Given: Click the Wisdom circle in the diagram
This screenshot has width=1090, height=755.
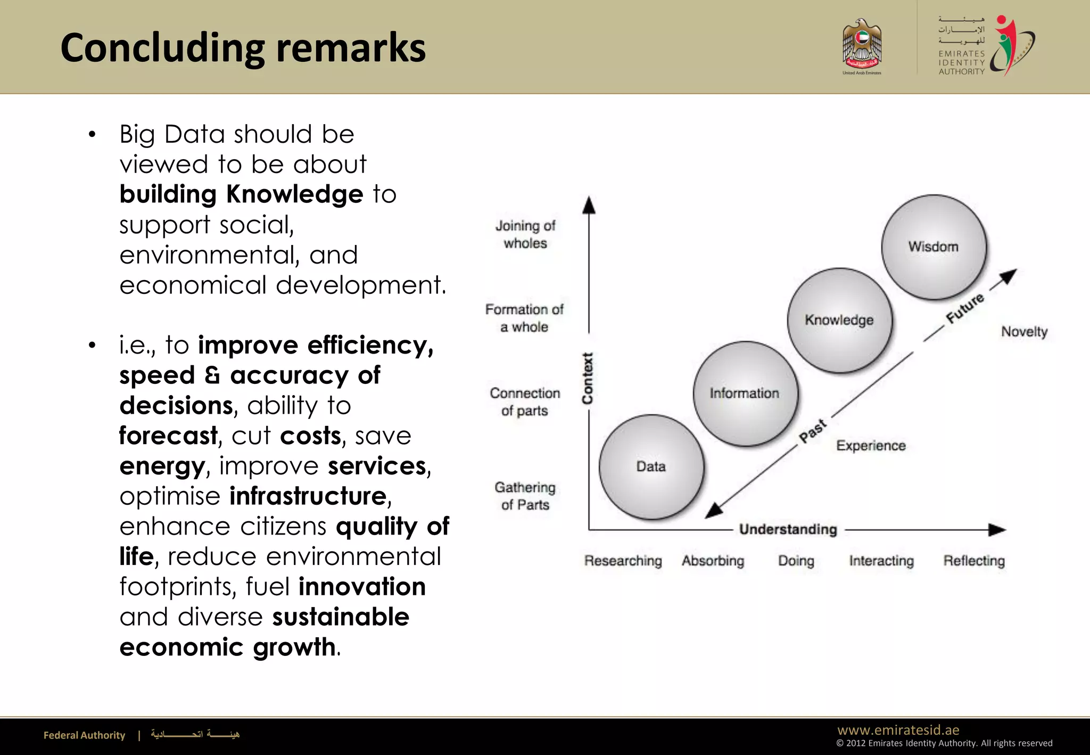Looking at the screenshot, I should pyautogui.click(x=934, y=247).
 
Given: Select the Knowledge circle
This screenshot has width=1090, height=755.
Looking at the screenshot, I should pyautogui.click(x=839, y=320).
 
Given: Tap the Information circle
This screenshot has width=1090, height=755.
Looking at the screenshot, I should pyautogui.click(x=745, y=393).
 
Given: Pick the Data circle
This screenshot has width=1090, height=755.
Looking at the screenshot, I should pyautogui.click(x=651, y=467).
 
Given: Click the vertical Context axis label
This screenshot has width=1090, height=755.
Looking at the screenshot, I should pyautogui.click(x=588, y=378).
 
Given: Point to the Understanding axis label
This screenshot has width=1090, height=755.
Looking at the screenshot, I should pyautogui.click(x=788, y=529).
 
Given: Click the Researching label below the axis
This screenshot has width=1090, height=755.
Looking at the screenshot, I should pyautogui.click(x=623, y=561).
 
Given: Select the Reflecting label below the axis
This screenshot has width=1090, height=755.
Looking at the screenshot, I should pyautogui.click(x=974, y=561).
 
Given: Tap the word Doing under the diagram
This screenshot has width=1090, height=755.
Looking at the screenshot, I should pyautogui.click(x=796, y=561).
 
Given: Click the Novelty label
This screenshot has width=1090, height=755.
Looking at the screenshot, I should pyautogui.click(x=1024, y=332).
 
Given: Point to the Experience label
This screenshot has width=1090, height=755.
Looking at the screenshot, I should pyautogui.click(x=871, y=446).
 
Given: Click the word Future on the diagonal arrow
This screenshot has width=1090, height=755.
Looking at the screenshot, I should pyautogui.click(x=964, y=308).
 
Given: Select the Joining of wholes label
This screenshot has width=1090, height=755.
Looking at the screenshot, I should pyautogui.click(x=525, y=234).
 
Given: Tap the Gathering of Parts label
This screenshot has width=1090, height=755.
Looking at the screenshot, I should pyautogui.click(x=525, y=496).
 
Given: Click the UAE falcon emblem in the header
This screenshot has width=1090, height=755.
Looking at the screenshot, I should pyautogui.click(x=862, y=45).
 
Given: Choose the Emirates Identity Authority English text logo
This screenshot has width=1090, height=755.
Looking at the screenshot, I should pyautogui.click(x=961, y=62).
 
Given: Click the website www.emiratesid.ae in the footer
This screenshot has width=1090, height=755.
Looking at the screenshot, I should pyautogui.click(x=898, y=730).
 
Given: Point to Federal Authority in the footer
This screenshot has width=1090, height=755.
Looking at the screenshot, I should pyautogui.click(x=84, y=735).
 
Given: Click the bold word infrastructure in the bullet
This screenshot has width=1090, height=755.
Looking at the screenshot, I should pyautogui.click(x=308, y=496).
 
